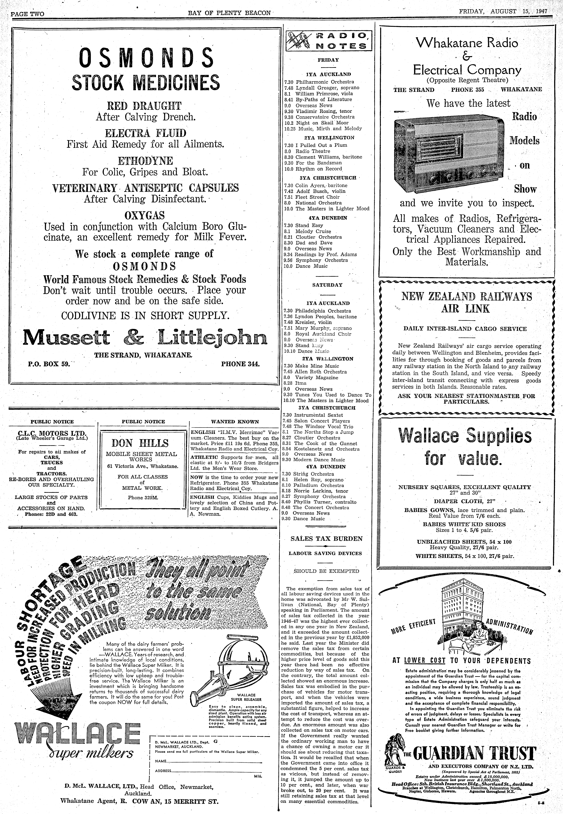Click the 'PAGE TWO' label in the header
point(27,14)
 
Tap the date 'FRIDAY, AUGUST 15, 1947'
point(503,11)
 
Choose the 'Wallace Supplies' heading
point(465,436)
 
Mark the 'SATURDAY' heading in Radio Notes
point(327,285)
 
